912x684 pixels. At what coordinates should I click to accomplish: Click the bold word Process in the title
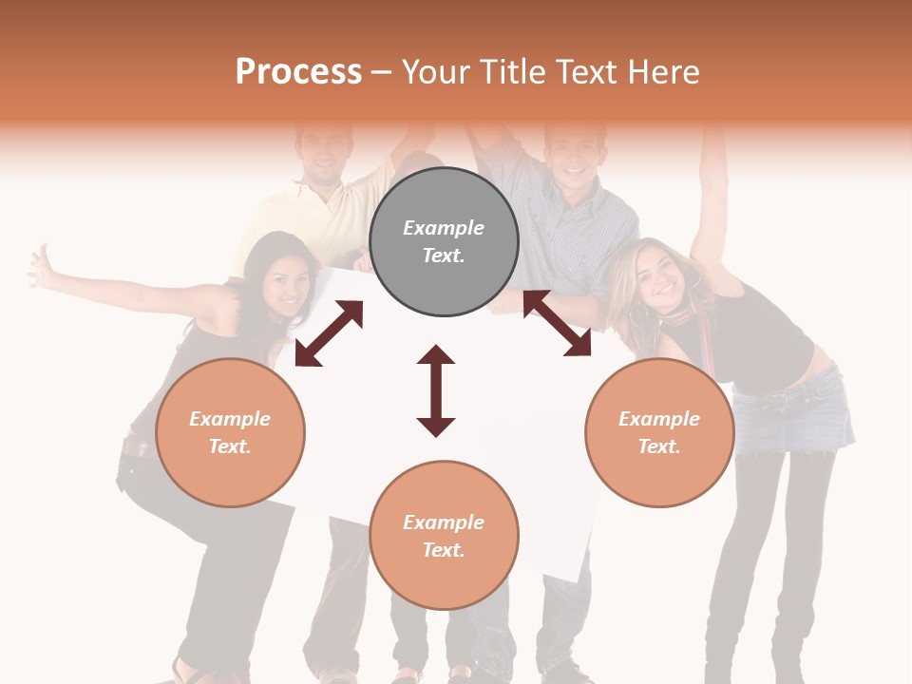pos(298,72)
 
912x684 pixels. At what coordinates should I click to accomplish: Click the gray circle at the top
pos(444,242)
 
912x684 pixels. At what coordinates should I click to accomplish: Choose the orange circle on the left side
pos(230,432)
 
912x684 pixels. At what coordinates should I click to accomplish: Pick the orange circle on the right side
pos(659,432)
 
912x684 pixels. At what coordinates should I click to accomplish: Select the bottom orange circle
pos(444,536)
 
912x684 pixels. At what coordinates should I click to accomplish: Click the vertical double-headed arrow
pos(436,390)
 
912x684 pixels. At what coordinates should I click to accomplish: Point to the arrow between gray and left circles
pos(329,333)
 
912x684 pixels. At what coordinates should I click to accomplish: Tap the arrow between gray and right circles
pos(557,323)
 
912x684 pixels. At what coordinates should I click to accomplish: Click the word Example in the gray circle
pos(444,228)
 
